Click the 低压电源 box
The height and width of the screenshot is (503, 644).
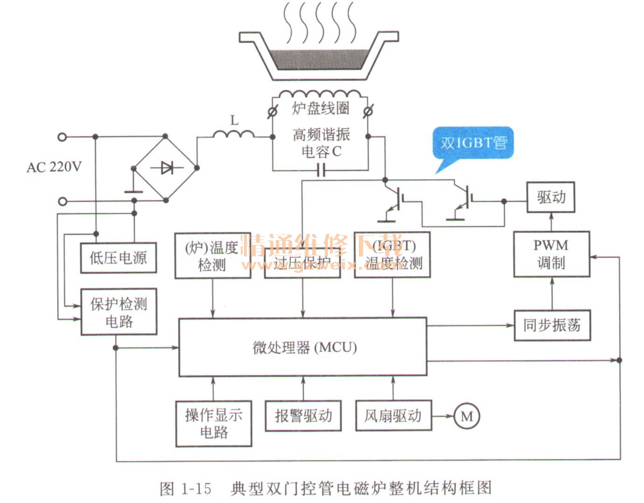point(118,257)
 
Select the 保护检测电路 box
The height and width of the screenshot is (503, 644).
point(119,311)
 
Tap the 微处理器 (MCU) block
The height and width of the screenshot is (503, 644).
point(303,347)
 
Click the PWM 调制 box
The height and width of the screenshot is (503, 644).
point(551,254)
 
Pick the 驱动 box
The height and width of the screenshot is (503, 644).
point(551,197)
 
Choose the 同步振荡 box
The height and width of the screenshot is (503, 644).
point(552,325)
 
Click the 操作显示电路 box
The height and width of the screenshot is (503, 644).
point(214,423)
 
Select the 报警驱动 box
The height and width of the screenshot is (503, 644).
point(303,415)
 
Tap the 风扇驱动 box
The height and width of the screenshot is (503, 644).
point(393,415)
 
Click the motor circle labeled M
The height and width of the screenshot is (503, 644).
point(467,416)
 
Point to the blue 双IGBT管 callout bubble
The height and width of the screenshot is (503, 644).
point(474,143)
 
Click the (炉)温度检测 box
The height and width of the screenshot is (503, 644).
point(213,256)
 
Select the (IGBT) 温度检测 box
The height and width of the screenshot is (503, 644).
point(392,255)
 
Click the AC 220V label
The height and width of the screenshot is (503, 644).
point(54,167)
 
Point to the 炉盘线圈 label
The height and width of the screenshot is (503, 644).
point(321,108)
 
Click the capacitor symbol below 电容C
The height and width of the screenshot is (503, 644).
point(321,171)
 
